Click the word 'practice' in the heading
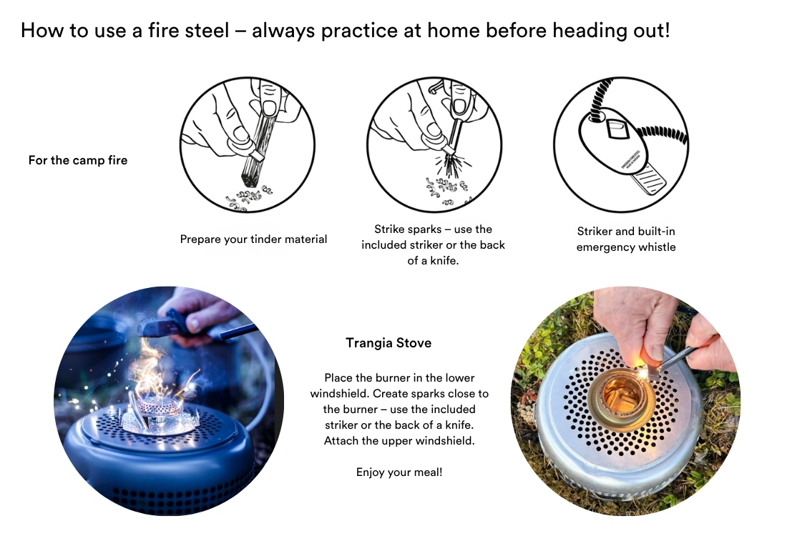pyautogui.click(x=359, y=31)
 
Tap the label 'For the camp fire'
pyautogui.click(x=78, y=161)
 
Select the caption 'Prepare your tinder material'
pyautogui.click(x=253, y=239)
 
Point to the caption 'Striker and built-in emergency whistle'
pyautogui.click(x=626, y=239)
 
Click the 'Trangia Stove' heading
pyautogui.click(x=388, y=343)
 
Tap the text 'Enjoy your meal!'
pyautogui.click(x=399, y=472)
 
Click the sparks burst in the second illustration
pyautogui.click(x=453, y=164)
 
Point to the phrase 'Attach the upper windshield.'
pyautogui.click(x=399, y=441)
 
